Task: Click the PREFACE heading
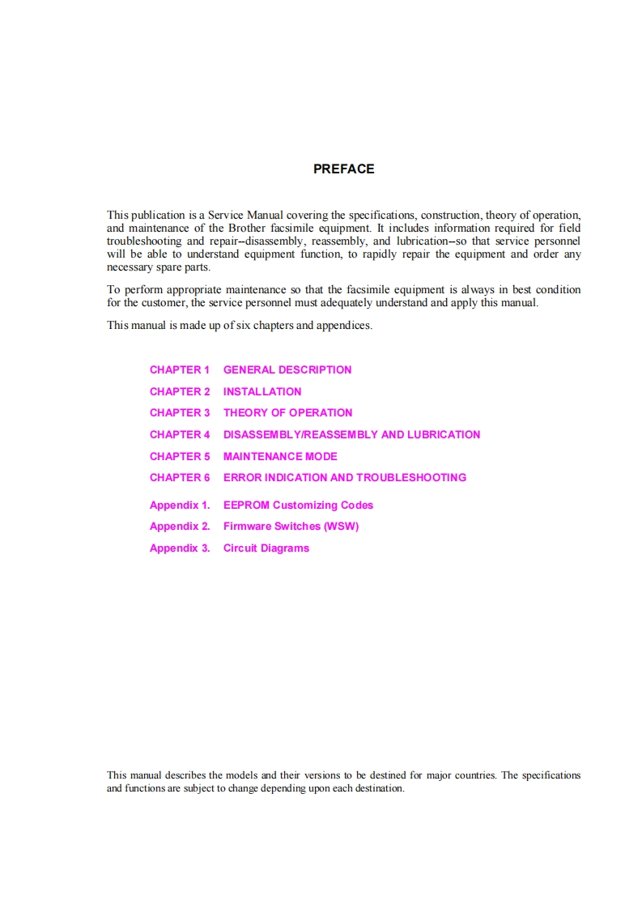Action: pos(343,169)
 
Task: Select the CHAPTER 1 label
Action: pos(179,369)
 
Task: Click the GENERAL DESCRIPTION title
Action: pos(287,369)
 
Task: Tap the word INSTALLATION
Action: pos(262,391)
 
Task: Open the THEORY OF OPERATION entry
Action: pos(287,412)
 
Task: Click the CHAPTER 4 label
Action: pos(179,434)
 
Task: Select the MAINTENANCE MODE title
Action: pos(280,456)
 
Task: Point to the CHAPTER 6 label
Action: pos(179,477)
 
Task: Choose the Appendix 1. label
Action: pos(179,505)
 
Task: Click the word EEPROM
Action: pos(246,505)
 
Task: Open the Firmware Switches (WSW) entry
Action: pos(291,526)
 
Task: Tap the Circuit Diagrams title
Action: pos(266,548)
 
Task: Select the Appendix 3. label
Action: pos(179,548)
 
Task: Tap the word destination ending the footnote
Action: pos(378,788)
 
